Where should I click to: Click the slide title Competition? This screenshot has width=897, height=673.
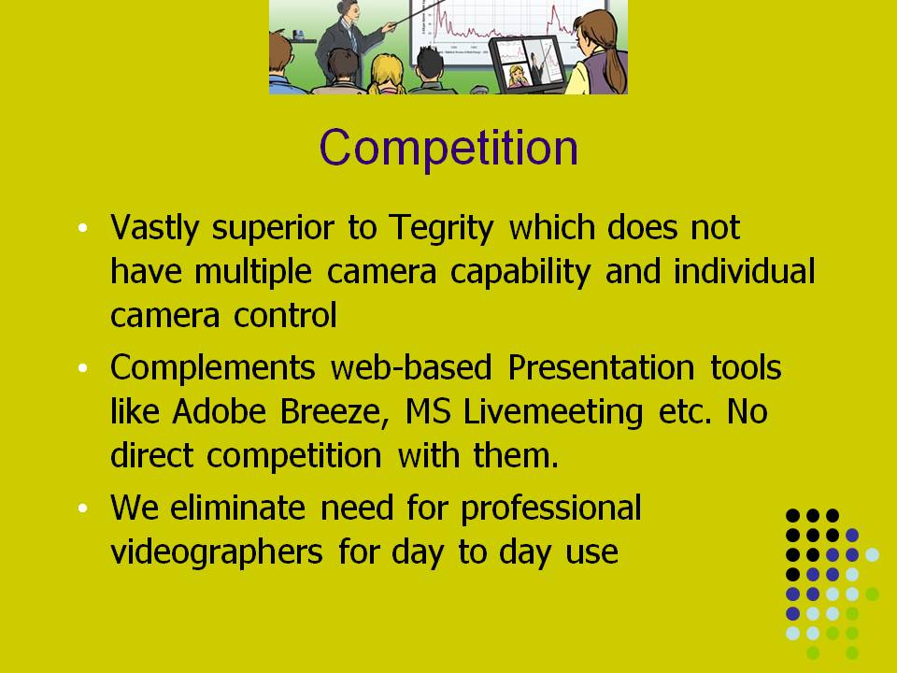pos(449,149)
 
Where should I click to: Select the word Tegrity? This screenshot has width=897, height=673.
pos(441,229)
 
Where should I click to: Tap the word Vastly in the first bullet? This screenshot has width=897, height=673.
pos(154,229)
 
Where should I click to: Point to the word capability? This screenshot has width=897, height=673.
pos(520,272)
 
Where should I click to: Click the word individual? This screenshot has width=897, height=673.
pos(745,271)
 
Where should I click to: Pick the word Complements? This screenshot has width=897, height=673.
pos(213,368)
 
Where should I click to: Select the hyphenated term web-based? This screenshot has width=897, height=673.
pos(411,366)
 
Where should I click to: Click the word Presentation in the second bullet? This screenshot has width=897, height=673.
pos(601,366)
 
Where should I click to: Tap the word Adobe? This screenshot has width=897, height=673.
pos(219,411)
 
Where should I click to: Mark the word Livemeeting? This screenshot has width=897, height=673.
pos(553,413)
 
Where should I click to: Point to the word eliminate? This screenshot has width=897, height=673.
pos(238,508)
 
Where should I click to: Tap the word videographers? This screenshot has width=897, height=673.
pos(217,553)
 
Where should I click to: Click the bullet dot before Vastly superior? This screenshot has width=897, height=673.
pos(83,228)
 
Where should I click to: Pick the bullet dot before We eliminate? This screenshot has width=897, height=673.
pos(83,508)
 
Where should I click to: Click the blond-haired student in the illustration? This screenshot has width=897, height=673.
pos(387,75)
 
